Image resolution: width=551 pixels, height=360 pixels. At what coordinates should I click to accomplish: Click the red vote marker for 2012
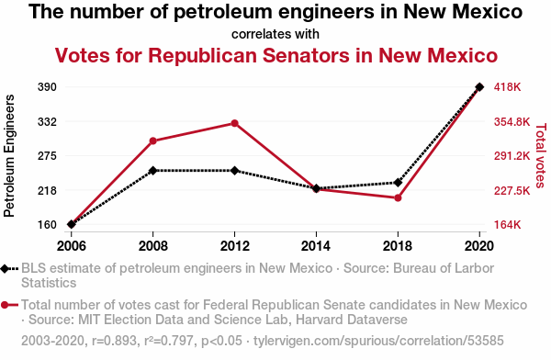pyautogui.click(x=235, y=123)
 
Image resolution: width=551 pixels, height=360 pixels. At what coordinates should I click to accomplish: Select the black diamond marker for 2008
pyautogui.click(x=152, y=171)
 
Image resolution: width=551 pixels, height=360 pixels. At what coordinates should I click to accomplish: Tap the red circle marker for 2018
pyautogui.click(x=398, y=198)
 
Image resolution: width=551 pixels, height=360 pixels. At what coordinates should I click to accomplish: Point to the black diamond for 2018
pyautogui.click(x=398, y=183)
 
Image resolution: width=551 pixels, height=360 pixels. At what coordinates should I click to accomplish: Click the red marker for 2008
pyautogui.click(x=152, y=141)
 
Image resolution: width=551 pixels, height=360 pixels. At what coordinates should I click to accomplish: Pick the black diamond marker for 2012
pyautogui.click(x=235, y=171)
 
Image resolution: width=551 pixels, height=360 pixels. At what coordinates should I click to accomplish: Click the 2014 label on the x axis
pyautogui.click(x=316, y=246)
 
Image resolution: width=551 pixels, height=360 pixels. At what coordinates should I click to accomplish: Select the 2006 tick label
pyautogui.click(x=72, y=246)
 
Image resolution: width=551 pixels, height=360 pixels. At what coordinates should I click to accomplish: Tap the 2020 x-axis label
pyautogui.click(x=479, y=246)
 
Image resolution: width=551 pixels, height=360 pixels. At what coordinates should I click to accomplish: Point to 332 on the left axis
pyautogui.click(x=47, y=122)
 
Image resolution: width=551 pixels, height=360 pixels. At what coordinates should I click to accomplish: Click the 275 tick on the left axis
pyautogui.click(x=47, y=156)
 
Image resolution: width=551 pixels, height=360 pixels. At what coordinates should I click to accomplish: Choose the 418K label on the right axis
pyautogui.click(x=508, y=87)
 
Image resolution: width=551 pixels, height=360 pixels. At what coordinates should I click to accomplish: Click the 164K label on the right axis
pyautogui.click(x=508, y=224)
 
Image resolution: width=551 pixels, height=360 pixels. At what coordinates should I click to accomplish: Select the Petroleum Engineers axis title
pyautogui.click(x=9, y=156)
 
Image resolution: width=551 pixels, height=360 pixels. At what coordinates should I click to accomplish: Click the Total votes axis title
pyautogui.click(x=541, y=155)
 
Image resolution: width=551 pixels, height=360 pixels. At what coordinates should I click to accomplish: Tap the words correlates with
pyautogui.click(x=275, y=34)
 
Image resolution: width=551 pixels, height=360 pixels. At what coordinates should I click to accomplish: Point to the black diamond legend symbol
pyautogui.click(x=5, y=269)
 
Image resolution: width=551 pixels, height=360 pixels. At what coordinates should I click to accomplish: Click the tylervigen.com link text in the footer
pyautogui.click(x=378, y=341)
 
